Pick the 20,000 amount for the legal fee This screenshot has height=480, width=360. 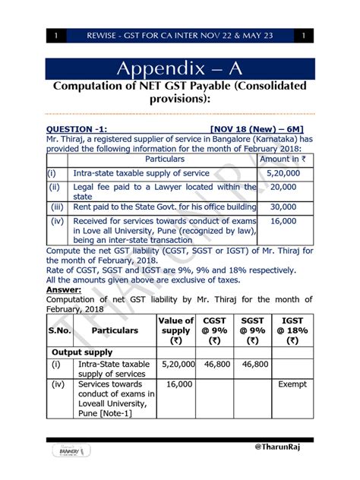pos(283,186)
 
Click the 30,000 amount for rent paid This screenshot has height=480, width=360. pos(283,206)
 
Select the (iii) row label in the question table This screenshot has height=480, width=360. pos(56,206)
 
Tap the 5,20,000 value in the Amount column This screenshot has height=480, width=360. pos(283,173)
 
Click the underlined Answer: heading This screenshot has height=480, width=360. pos(65,289)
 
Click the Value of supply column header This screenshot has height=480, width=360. pos(175,330)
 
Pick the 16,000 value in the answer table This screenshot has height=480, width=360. pos(175,385)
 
